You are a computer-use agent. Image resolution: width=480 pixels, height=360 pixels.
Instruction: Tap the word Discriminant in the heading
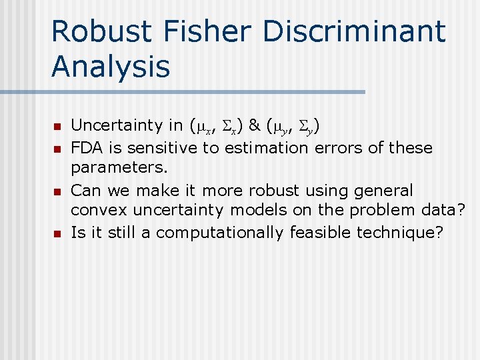pos(354,31)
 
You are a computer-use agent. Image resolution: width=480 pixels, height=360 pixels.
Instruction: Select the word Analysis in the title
pos(110,66)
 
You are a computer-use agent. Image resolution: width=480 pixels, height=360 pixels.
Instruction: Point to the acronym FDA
pos(86,147)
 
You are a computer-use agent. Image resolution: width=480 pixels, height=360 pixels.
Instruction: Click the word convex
pos(99,211)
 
